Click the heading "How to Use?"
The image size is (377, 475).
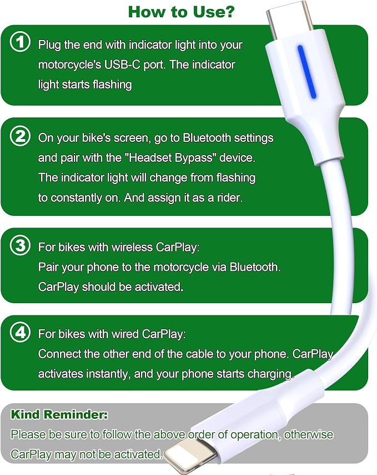(181, 12)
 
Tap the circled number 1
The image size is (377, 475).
(20, 42)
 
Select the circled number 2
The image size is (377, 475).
(20, 136)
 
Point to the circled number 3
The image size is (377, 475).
(20, 245)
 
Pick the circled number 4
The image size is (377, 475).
(20, 332)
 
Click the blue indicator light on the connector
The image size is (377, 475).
(307, 72)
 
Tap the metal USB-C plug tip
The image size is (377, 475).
(290, 19)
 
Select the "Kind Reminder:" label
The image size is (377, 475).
(59, 414)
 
